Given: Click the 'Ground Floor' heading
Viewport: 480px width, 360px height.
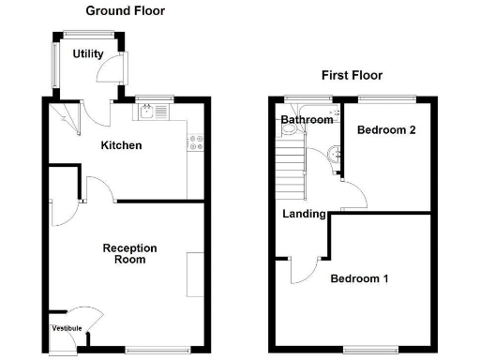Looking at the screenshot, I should [125, 11].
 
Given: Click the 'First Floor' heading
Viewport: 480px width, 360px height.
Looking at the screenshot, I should [352, 75].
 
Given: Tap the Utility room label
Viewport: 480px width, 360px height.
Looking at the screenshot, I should [88, 54].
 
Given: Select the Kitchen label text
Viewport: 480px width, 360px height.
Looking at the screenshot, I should [122, 145].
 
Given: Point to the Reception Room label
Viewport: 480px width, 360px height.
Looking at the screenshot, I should [129, 253].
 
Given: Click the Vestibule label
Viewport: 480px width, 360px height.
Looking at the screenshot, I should [67, 327].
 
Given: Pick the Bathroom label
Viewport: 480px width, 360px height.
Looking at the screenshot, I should [307, 120].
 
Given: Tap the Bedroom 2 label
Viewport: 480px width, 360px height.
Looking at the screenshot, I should [387, 130].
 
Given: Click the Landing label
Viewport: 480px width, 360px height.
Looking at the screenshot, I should [305, 214].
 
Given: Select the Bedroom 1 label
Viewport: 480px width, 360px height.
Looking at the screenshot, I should [359, 278].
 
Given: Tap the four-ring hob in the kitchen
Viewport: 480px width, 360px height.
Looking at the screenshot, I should [197, 142].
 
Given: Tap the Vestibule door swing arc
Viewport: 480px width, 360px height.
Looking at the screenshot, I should [84, 316].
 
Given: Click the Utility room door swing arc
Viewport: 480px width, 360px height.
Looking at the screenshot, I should [112, 67].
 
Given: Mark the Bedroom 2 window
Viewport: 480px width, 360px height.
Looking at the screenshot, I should [386, 97].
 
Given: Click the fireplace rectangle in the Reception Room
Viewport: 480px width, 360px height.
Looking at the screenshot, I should [194, 274].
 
